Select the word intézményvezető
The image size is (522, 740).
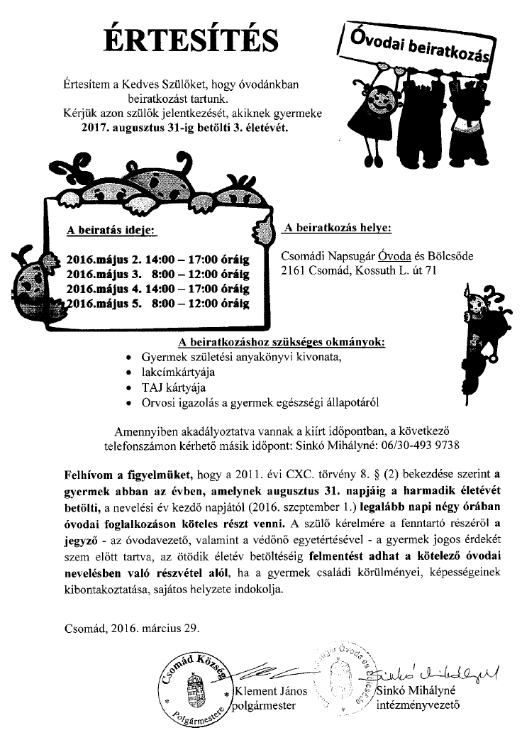point(418,706)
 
